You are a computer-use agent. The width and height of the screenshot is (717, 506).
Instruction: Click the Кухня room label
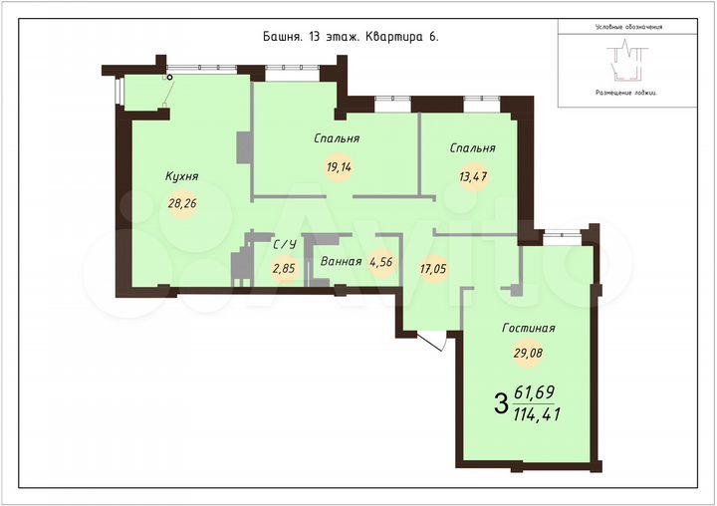pyautogui.click(x=182, y=176)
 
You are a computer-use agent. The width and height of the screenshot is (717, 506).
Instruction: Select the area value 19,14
pyautogui.click(x=338, y=166)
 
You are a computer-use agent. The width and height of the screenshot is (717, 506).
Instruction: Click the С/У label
pyautogui.click(x=285, y=243)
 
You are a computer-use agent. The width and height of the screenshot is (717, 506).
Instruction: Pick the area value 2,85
pyautogui.click(x=285, y=268)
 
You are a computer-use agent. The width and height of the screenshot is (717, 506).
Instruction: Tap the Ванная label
pyautogui.click(x=341, y=263)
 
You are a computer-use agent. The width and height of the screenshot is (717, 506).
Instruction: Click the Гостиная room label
pyautogui.click(x=529, y=328)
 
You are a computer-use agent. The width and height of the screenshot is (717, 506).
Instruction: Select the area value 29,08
pyautogui.click(x=529, y=352)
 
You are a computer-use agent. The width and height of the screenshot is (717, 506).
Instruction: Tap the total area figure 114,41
pyautogui.click(x=536, y=414)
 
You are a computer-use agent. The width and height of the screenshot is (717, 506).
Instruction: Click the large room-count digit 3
pyautogui.click(x=500, y=404)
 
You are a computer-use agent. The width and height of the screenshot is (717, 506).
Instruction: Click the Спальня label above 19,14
pyautogui.click(x=337, y=138)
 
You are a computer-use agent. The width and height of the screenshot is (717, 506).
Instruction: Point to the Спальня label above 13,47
pyautogui.click(x=472, y=148)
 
